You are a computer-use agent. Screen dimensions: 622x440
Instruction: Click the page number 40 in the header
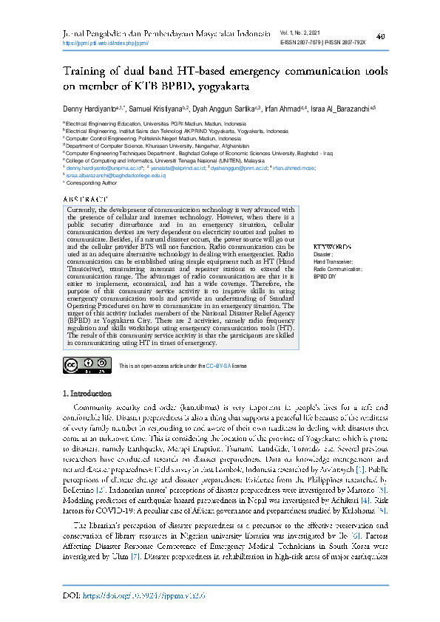point(380,36)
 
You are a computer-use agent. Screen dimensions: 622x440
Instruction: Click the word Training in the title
point(81,72)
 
